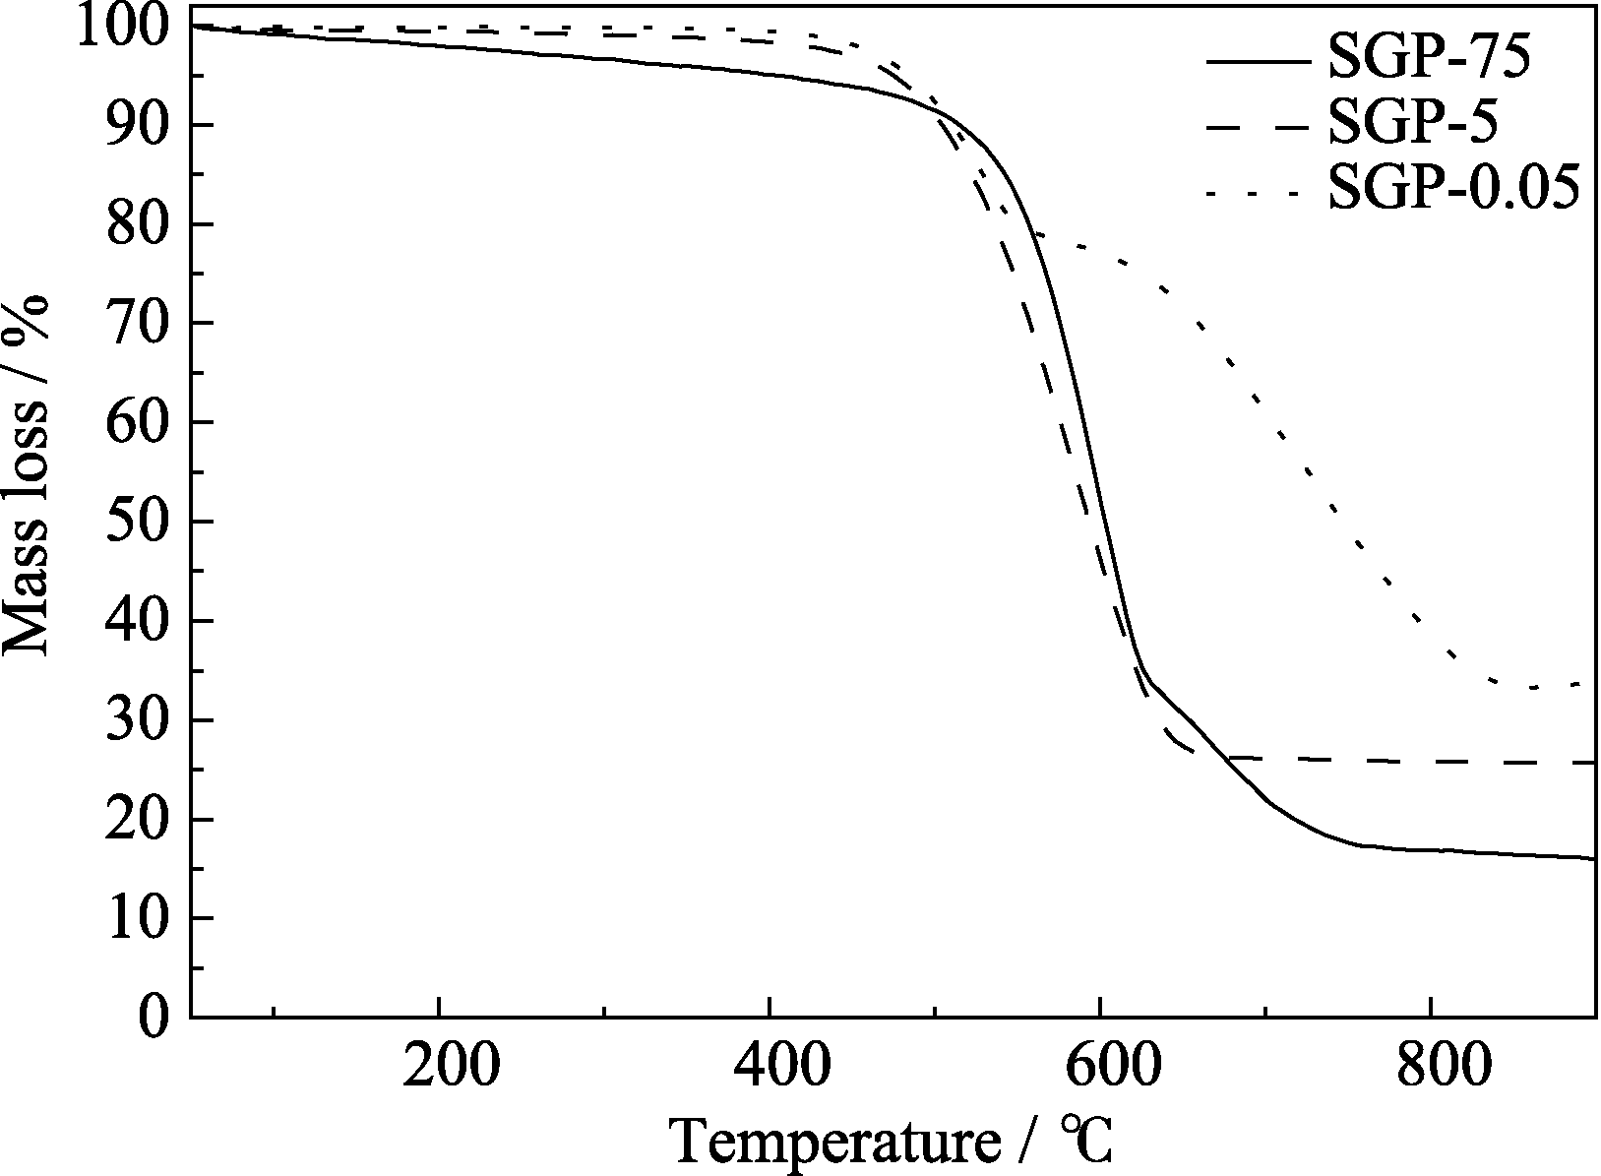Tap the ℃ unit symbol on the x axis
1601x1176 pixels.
coord(1086,1142)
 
